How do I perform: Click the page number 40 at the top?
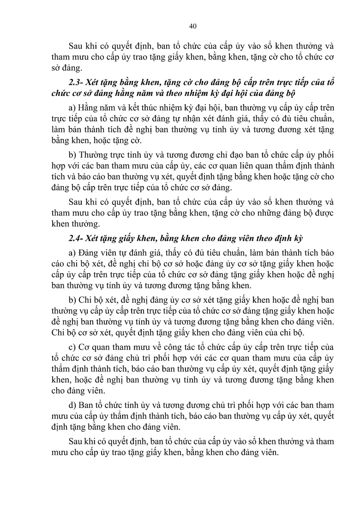pyautogui.click(x=193, y=26)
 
